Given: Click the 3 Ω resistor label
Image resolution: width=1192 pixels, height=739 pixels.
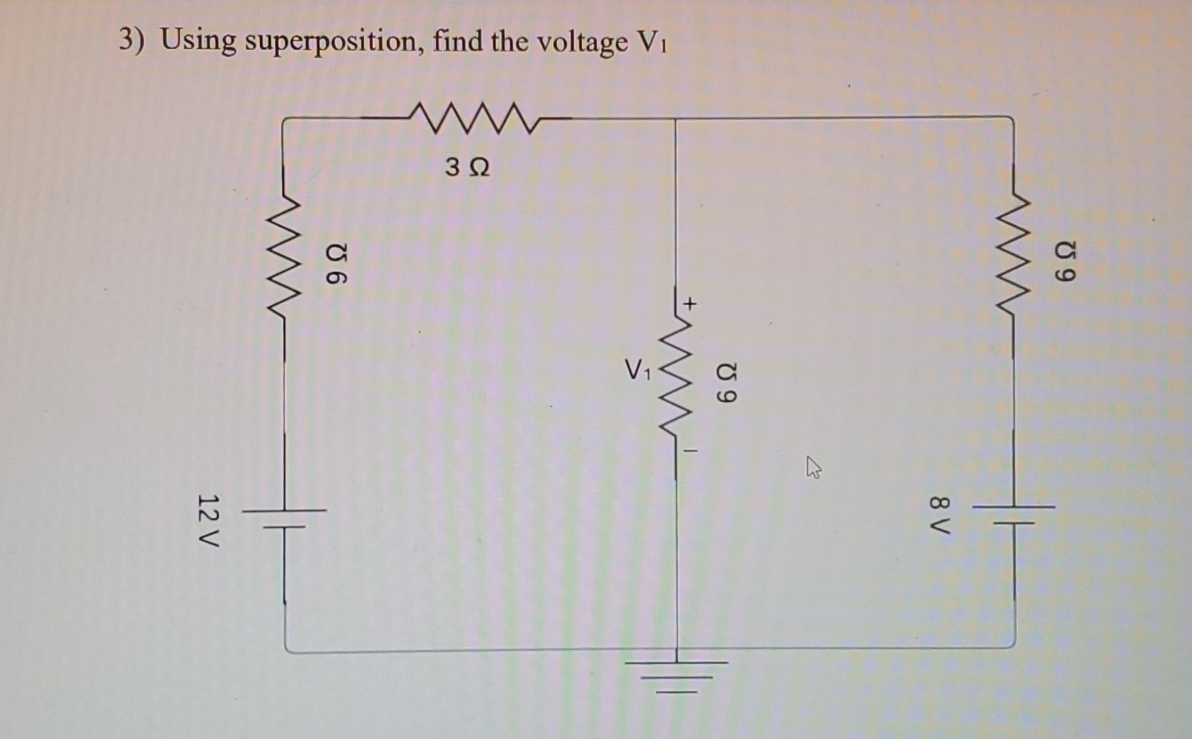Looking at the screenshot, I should point(467,167).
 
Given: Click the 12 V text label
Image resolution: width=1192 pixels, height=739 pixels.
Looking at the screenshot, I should point(207,519).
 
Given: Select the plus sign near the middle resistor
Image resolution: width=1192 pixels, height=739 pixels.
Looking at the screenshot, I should point(691,302).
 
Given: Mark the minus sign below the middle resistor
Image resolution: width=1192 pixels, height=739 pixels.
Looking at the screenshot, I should point(691,451).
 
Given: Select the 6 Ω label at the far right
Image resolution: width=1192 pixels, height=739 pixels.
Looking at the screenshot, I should point(1065,261).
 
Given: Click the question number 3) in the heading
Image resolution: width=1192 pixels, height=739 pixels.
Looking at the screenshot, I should point(131,40).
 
